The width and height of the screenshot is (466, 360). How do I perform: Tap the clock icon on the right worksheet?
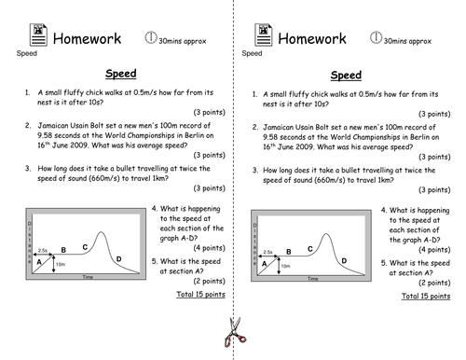click(377, 37)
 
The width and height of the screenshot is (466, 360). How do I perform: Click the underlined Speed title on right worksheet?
click(347, 76)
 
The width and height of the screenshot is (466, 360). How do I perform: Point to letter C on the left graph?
click(86, 246)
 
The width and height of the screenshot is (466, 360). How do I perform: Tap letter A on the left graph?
click(40, 263)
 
